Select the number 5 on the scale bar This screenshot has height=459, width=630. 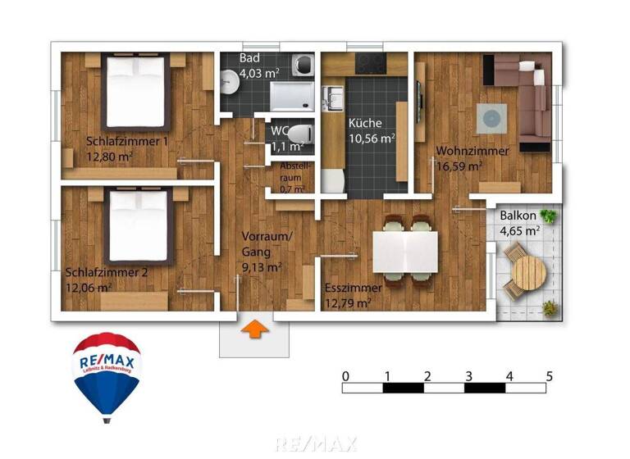549,376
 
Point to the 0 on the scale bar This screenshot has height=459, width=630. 346,376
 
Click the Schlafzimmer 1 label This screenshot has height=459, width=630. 127,140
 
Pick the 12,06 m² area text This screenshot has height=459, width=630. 89,287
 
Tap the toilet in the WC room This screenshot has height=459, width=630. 301,132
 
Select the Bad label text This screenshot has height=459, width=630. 249,59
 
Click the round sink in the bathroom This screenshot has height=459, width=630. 229,80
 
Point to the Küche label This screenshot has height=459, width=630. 365,123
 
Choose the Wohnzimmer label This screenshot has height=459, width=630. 472,151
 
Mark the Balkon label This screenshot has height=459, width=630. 518,216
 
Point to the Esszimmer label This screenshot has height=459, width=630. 353,289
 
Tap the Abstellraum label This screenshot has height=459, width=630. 293,170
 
